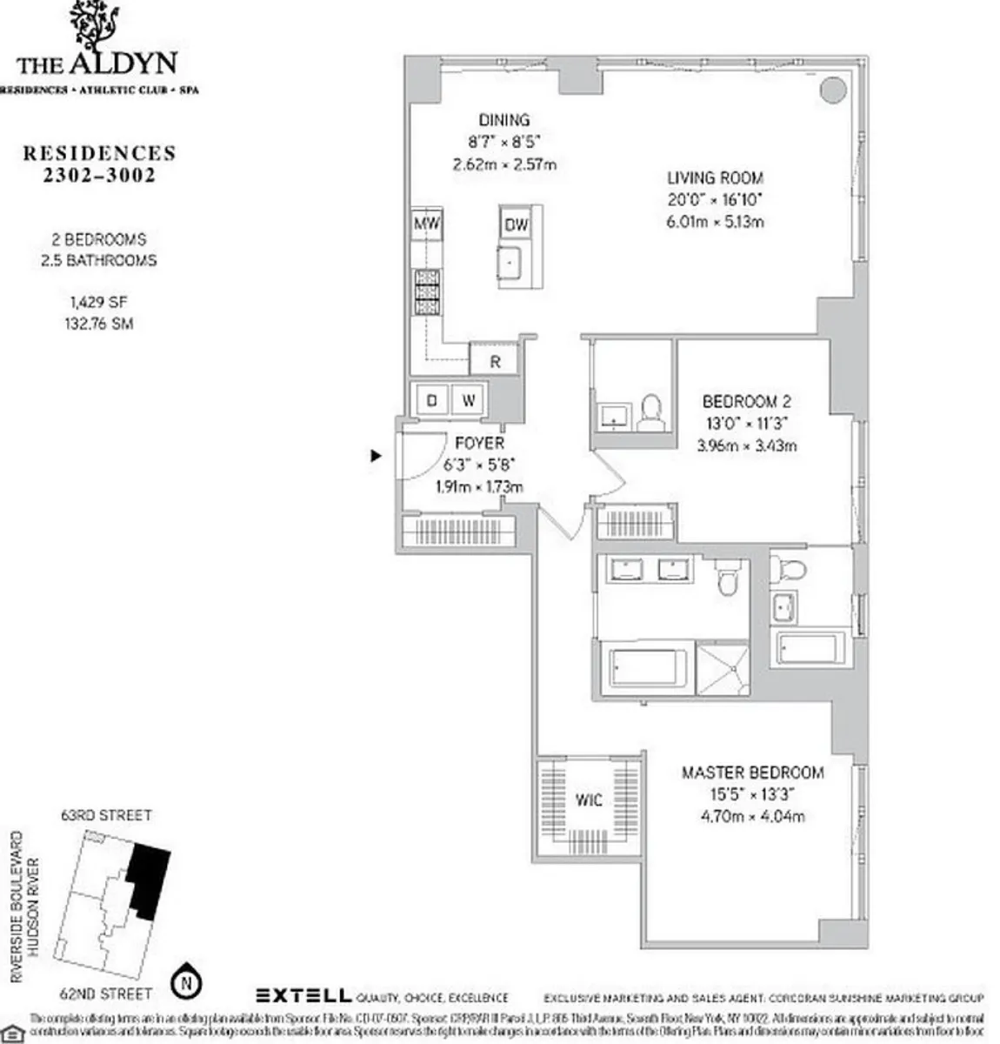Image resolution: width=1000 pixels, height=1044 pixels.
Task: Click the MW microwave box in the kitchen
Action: point(426,224)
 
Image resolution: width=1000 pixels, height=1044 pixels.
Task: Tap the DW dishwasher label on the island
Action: point(516,225)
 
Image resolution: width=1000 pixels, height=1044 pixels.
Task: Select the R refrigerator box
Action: point(495,362)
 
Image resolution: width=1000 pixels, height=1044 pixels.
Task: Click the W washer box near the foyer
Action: point(468,401)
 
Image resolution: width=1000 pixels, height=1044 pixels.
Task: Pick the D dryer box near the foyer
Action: point(430,401)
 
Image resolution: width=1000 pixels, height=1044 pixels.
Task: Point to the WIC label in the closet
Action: point(589,800)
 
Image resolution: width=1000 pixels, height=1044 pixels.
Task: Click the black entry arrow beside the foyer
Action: point(376,455)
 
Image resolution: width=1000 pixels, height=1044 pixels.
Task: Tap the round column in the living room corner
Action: point(832,89)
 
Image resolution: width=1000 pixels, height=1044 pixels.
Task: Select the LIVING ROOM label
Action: point(715,177)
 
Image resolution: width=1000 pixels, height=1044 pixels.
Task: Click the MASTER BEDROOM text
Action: point(752,773)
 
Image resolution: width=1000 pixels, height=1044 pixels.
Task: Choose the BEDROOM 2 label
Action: point(746,402)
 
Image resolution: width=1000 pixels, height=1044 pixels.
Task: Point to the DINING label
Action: point(504,120)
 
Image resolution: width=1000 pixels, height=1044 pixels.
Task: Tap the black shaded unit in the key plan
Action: point(148,879)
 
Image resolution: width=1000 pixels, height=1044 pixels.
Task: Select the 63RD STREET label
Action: point(106,815)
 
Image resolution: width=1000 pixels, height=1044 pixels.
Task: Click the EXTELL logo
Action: point(303,996)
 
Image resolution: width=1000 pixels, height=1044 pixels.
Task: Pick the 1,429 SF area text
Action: point(99,303)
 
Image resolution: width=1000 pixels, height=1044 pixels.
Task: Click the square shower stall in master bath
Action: point(723,667)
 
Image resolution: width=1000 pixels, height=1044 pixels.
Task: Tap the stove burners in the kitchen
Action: point(426,292)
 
